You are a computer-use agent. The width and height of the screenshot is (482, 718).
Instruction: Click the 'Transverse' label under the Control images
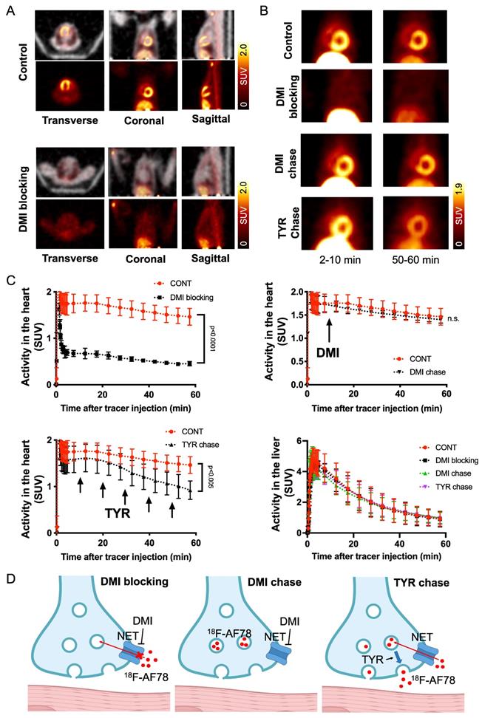coord(55,115)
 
